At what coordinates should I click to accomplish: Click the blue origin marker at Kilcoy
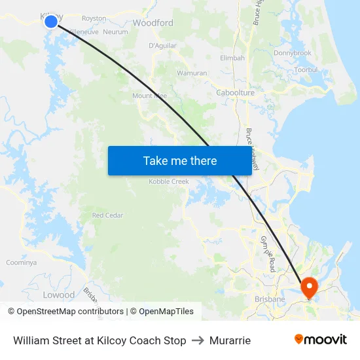pos(51,22)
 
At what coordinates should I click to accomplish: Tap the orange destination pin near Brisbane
pos(308,287)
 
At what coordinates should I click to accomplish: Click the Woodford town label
pos(153,23)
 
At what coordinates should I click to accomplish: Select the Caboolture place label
pos(235,93)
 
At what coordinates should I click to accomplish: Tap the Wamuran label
pos(192,73)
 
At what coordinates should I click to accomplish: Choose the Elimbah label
pos(232,58)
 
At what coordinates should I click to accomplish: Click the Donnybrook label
pos(293,53)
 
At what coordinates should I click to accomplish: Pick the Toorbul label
pos(306,69)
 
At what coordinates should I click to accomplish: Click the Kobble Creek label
pos(169,181)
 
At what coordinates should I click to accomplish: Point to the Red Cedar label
pos(107,215)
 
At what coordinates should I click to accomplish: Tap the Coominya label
pos(21,262)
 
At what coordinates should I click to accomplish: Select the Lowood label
pos(59,295)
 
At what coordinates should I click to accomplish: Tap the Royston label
pos(94,18)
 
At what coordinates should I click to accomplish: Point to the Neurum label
pos(115,31)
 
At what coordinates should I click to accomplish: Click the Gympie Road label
pos(268,253)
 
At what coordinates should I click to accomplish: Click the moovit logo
pos(320,340)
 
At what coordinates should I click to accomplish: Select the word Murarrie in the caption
pos(230,340)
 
